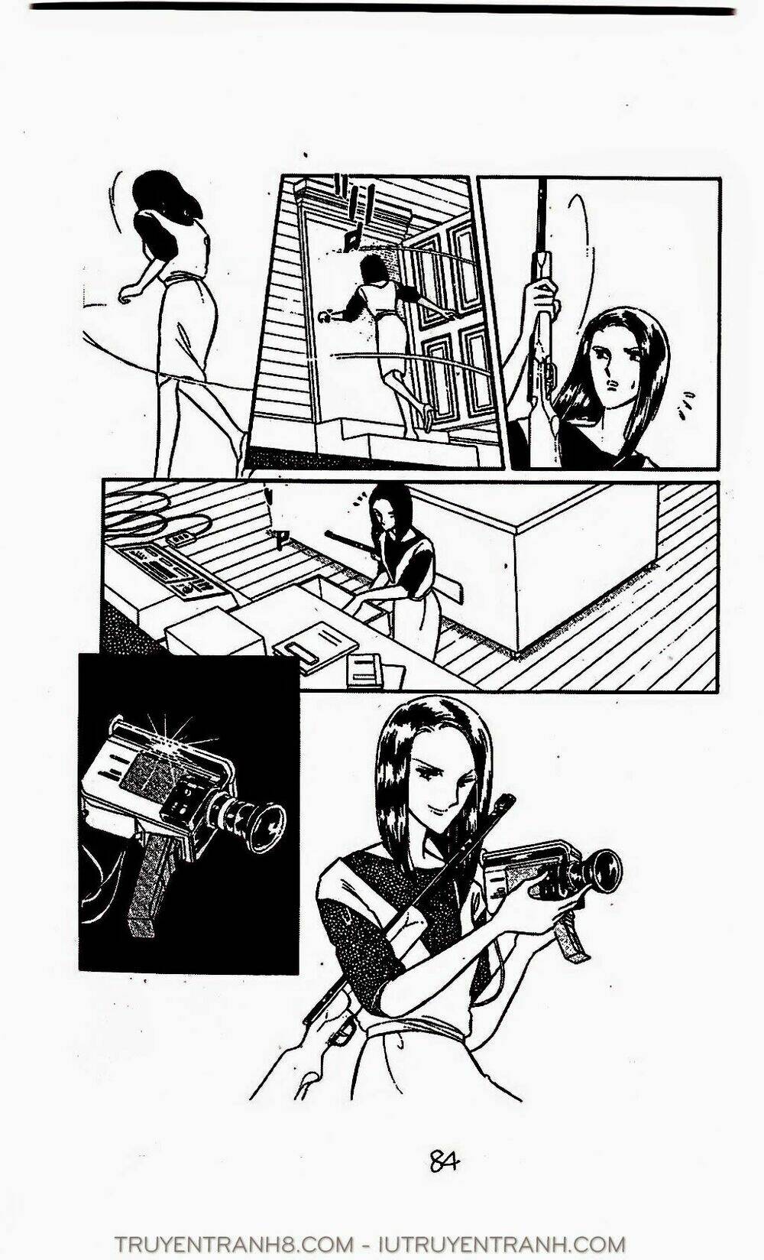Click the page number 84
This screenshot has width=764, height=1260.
pos(444,1162)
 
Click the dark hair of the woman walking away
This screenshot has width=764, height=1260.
pos(160,199)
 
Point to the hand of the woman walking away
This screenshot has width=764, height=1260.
pos(127,294)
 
